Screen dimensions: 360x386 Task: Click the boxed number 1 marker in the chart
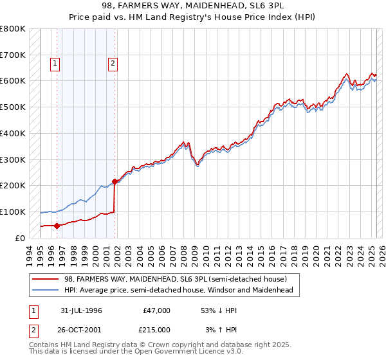[55, 63]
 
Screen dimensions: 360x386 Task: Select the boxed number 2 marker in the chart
[113, 63]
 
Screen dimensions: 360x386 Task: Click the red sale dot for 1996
[57, 226]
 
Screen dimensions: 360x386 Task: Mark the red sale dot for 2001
[115, 181]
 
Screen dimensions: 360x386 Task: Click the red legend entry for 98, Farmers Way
[179, 279]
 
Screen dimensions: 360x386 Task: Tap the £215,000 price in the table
[156, 330]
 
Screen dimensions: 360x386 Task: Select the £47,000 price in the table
[156, 310]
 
